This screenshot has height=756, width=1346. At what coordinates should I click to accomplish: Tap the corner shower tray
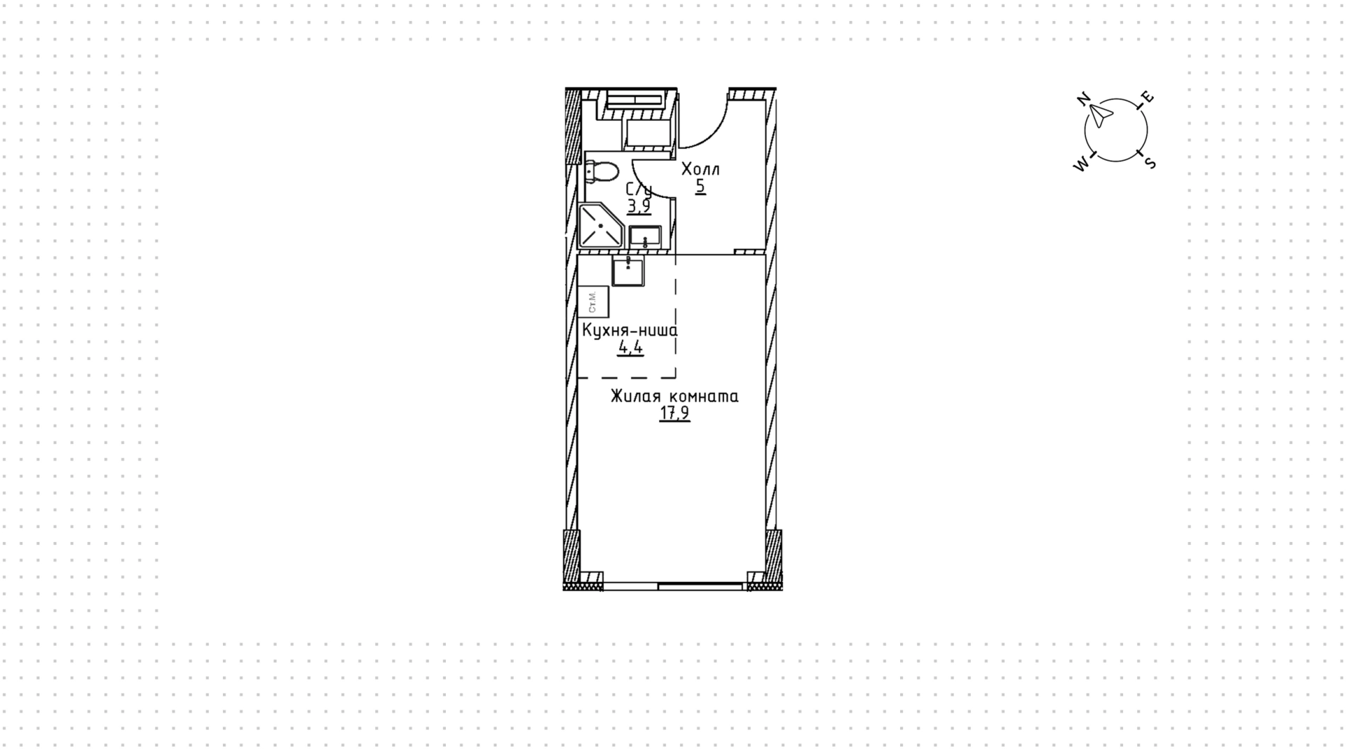click(601, 226)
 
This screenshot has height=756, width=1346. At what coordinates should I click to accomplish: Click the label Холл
click(700, 170)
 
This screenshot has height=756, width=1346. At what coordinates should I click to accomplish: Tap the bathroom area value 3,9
click(639, 206)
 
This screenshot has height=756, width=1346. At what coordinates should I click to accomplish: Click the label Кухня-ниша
click(630, 330)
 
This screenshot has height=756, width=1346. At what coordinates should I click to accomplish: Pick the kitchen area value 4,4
click(630, 347)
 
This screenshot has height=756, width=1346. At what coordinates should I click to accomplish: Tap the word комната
click(705, 397)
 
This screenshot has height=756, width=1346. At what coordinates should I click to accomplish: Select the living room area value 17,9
click(674, 413)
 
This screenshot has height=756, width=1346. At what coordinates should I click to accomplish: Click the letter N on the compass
click(1084, 99)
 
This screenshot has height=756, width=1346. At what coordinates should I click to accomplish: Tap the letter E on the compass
click(1148, 97)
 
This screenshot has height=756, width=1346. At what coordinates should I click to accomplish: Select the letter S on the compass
click(1150, 163)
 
